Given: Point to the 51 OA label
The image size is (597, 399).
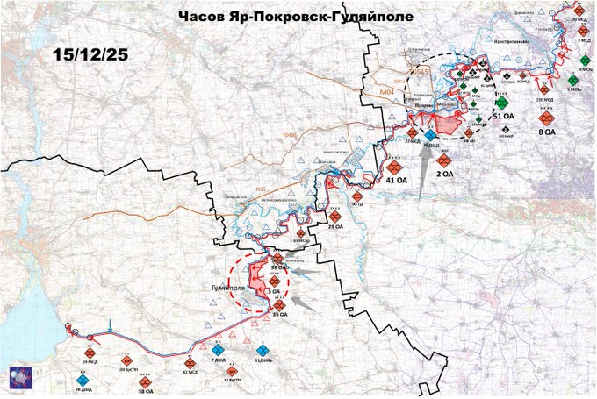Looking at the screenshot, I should click(503, 116).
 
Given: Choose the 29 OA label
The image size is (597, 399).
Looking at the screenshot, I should click(335, 226).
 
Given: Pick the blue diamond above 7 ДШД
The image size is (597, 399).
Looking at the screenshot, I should click(217, 350).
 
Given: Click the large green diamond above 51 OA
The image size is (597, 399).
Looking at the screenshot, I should click(501, 101).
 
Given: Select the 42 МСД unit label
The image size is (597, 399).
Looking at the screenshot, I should click(190, 372).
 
